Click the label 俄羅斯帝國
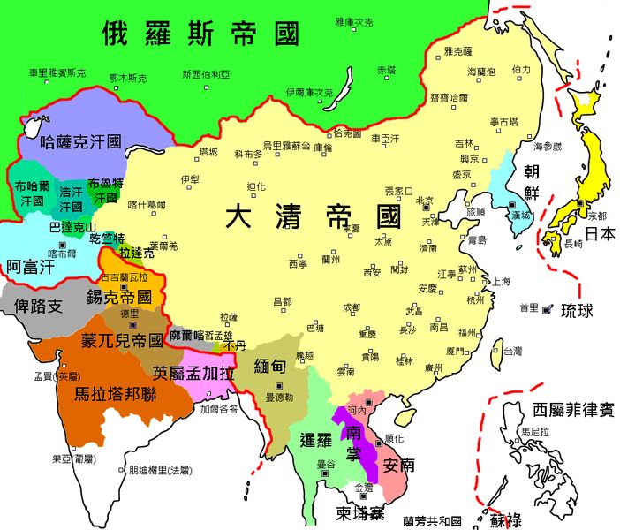tap(202, 33)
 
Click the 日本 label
tap(601, 234)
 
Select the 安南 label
tap(401, 464)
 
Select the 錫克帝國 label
tap(119, 297)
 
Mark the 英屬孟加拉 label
tap(192, 372)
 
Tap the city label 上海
tap(501, 282)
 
